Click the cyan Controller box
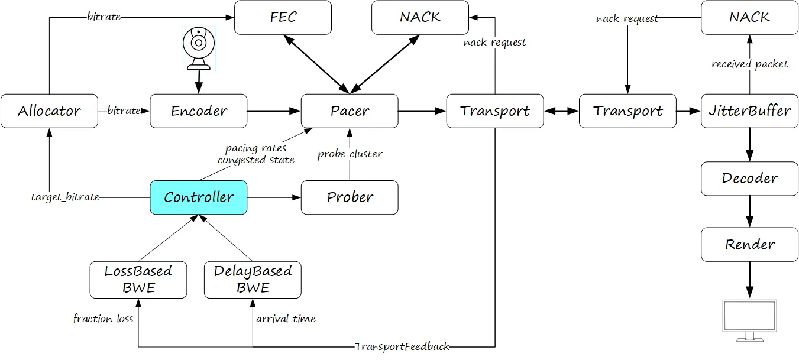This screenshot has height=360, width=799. pyautogui.click(x=198, y=197)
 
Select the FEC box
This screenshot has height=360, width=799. pyautogui.click(x=283, y=17)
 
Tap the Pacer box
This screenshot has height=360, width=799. pyautogui.click(x=350, y=111)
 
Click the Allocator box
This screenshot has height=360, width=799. pyautogui.click(x=49, y=111)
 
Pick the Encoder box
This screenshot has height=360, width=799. pyautogui.click(x=198, y=111)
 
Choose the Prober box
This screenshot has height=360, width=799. pyautogui.click(x=350, y=197)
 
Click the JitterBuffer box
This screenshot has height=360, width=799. pyautogui.click(x=749, y=111)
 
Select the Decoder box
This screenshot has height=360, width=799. pyautogui.click(x=749, y=179)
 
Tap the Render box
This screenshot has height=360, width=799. pyautogui.click(x=749, y=245)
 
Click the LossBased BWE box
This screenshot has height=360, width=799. pyautogui.click(x=138, y=280)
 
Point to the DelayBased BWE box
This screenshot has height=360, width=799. pyautogui.click(x=253, y=280)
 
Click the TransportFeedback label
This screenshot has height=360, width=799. pyautogui.click(x=402, y=346)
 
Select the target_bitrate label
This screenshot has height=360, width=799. pyautogui.click(x=65, y=197)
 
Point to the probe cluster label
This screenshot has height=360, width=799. pyautogui.click(x=350, y=154)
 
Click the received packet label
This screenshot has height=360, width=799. pyautogui.click(x=749, y=64)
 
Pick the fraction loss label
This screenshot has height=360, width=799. pyautogui.click(x=103, y=319)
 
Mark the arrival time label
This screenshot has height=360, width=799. pyautogui.click(x=286, y=319)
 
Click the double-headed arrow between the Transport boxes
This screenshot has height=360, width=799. pyautogui.click(x=561, y=111)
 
